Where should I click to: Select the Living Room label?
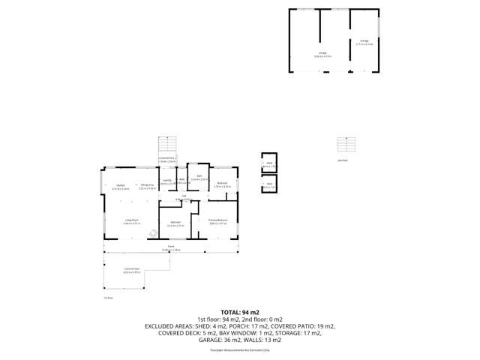(131, 220)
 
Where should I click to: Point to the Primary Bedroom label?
(217, 220)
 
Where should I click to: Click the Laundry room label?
(166, 181)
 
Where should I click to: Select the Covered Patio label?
(131, 271)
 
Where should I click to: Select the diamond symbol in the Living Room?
(153, 233)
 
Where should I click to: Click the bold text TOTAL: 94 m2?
(239, 311)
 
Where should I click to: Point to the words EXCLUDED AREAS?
(169, 326)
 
